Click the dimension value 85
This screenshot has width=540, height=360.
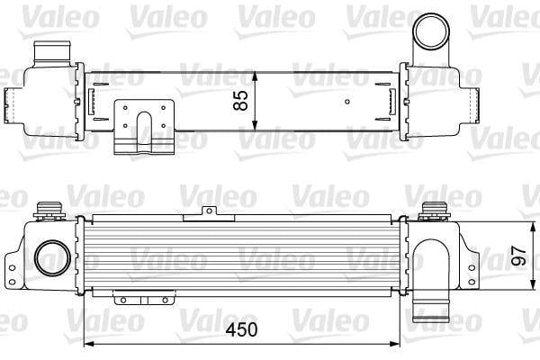click(x=240, y=100)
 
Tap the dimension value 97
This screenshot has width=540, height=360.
click(x=519, y=256)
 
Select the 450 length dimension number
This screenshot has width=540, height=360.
click(x=242, y=329)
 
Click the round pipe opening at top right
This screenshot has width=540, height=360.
click(x=431, y=31)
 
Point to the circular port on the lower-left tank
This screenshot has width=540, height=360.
click(x=53, y=258)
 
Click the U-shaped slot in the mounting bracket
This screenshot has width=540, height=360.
click(x=144, y=125)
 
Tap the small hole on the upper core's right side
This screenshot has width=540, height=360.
click(x=347, y=102)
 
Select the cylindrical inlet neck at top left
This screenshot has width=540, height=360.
click(x=52, y=51)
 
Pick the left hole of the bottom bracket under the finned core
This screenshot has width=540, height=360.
click(x=123, y=301)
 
